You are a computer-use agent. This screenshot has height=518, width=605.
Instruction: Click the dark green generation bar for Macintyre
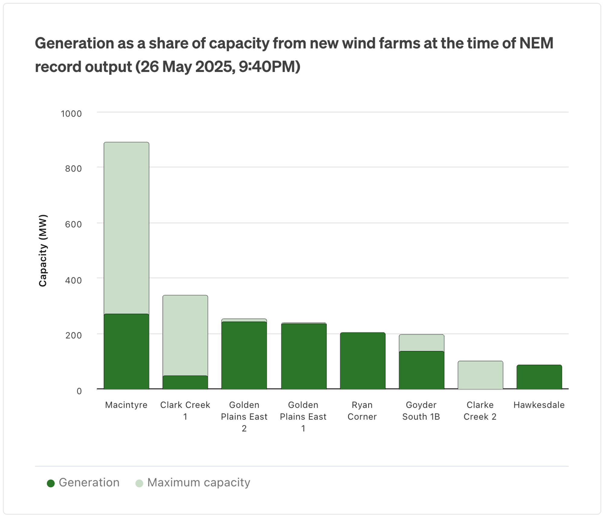(126, 351)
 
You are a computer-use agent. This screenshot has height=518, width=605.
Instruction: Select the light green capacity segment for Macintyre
(126, 228)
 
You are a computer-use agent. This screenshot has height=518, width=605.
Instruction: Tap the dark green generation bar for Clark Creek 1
(185, 382)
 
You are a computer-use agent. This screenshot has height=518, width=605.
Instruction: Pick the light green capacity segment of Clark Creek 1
(185, 336)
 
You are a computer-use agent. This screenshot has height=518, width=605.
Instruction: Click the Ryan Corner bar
(363, 361)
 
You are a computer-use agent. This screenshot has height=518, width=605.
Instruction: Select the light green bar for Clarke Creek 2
(480, 375)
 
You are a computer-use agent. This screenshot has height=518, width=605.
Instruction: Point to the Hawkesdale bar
(539, 377)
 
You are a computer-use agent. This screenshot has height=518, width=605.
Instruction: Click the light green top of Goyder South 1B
(422, 343)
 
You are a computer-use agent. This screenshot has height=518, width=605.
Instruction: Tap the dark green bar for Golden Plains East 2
(244, 355)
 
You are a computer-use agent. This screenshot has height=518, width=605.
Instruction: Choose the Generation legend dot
(51, 484)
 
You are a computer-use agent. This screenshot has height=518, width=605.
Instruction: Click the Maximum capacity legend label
(199, 483)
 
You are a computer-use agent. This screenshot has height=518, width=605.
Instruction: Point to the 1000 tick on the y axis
(71, 114)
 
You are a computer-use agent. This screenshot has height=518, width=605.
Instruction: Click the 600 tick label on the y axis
(74, 225)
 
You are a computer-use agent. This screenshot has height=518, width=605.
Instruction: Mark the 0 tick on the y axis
(79, 391)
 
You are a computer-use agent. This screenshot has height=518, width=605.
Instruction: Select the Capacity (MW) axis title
(43, 251)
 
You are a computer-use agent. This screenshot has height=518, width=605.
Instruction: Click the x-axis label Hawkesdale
(539, 405)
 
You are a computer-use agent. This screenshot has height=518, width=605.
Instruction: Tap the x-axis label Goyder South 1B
(421, 411)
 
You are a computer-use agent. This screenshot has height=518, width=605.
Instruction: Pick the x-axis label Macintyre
(126, 405)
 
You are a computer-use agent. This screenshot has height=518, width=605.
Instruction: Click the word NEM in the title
(536, 43)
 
